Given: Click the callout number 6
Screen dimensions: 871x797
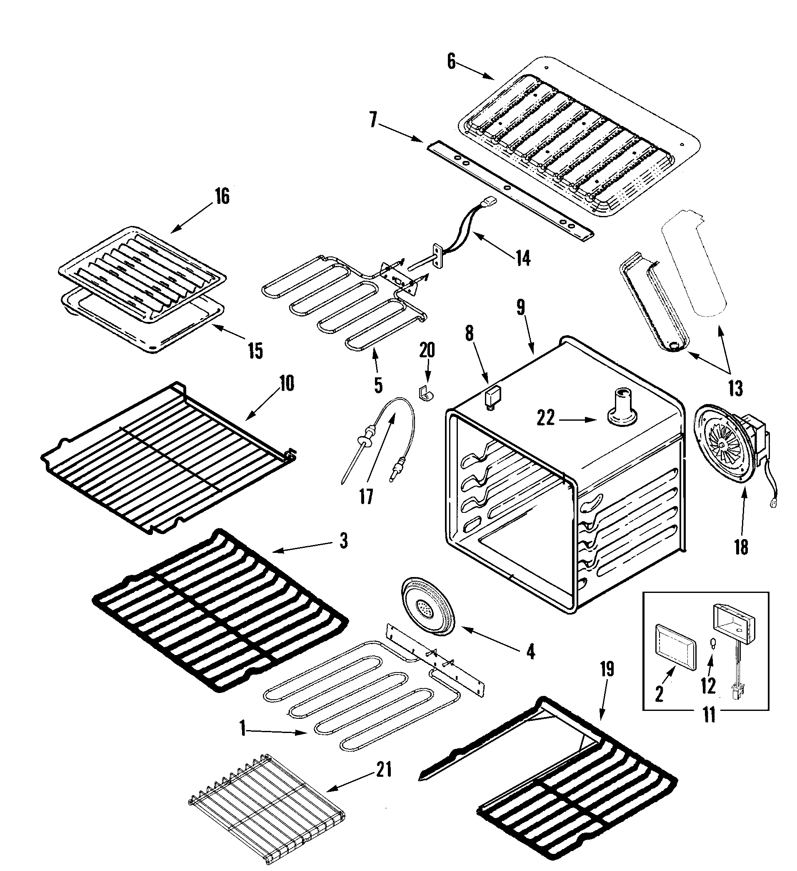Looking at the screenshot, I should coord(451,62).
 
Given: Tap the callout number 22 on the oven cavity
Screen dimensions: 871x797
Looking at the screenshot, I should coord(546,418).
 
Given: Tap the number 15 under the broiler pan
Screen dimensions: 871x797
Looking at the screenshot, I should coord(255,351).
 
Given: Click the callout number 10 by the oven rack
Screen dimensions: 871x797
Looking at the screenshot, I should coord(286,383).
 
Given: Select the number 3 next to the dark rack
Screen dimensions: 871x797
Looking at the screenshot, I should coord(343,540).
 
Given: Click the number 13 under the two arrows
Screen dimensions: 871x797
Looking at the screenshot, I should coord(736,389).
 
